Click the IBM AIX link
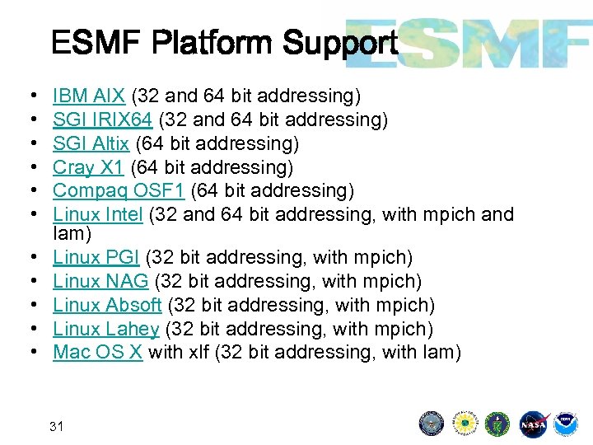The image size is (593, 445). [x=88, y=97]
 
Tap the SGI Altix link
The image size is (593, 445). [x=91, y=143]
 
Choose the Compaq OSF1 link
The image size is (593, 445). [x=119, y=190]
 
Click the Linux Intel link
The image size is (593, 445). [x=98, y=214]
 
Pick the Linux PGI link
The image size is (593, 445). [x=96, y=258]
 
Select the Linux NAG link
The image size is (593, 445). [x=100, y=281]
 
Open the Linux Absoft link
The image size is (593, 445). [x=107, y=305]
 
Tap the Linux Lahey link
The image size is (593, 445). [x=105, y=329]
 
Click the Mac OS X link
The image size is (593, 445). [x=98, y=352]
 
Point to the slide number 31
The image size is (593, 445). [x=57, y=426]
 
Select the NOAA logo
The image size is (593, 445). [x=566, y=423]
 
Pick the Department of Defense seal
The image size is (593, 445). [x=431, y=423]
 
